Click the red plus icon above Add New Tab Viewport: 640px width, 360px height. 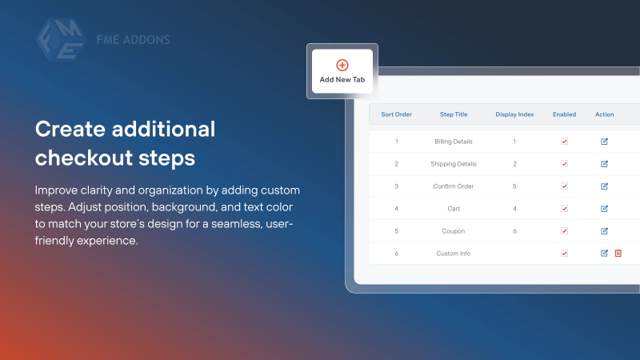(342, 65)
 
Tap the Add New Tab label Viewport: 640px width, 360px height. (342, 80)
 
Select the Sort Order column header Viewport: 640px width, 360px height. (396, 114)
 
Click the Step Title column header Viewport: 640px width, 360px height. (454, 114)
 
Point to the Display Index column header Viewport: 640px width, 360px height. (514, 114)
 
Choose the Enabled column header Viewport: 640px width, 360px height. (564, 114)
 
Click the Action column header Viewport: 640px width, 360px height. (604, 114)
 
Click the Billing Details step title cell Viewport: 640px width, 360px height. (454, 142)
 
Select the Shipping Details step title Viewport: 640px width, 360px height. (454, 164)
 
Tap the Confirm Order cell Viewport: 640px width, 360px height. (454, 186)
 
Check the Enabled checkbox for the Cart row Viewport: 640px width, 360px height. (564, 209)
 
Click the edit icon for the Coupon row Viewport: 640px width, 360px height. (605, 231)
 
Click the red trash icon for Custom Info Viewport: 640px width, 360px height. (618, 254)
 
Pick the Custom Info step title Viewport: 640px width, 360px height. (454, 254)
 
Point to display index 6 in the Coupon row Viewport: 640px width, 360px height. (514, 231)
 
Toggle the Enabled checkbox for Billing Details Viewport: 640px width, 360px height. (564, 142)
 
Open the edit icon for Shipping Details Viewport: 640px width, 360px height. (605, 164)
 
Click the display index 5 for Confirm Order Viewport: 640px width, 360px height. (514, 186)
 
